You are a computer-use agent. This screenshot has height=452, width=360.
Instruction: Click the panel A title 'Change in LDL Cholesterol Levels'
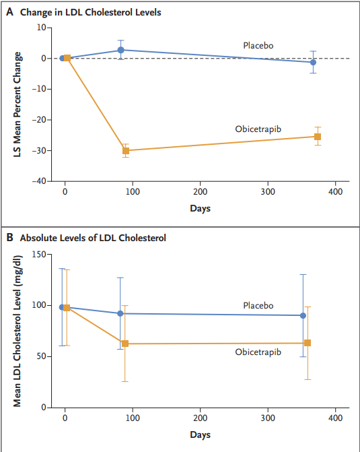pyautogui.click(x=90, y=12)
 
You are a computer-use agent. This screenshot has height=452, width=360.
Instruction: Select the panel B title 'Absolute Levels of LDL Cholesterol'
pyautogui.click(x=93, y=238)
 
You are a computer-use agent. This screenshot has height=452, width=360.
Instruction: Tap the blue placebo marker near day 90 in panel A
pyautogui.click(x=120, y=50)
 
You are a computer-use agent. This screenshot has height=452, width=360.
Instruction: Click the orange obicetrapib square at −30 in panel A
pyautogui.click(x=126, y=150)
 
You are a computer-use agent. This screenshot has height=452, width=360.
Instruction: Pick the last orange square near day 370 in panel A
pyautogui.click(x=318, y=137)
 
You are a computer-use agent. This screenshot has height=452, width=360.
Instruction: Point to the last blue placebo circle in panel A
pyautogui.click(x=313, y=62)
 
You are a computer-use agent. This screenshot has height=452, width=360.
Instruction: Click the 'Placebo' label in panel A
pyautogui.click(x=258, y=46)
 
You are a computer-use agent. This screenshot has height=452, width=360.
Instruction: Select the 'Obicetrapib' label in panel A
pyautogui.click(x=258, y=129)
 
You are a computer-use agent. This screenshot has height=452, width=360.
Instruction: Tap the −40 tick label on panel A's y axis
pyautogui.click(x=39, y=181)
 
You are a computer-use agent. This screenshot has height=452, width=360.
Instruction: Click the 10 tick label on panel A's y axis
pyautogui.click(x=41, y=28)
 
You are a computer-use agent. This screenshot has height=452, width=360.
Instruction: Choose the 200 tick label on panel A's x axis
pyautogui.click(x=200, y=192)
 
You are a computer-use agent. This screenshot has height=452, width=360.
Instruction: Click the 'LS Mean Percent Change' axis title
pyautogui.click(x=17, y=104)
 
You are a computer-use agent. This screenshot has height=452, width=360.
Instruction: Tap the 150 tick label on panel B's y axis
pyautogui.click(x=39, y=254)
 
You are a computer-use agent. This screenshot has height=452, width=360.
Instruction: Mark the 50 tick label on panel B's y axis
pyautogui.click(x=41, y=356)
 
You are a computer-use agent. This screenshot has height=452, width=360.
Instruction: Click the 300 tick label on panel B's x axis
pyautogui.click(x=268, y=418)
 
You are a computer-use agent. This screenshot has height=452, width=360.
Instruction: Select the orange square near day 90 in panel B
pyautogui.click(x=125, y=344)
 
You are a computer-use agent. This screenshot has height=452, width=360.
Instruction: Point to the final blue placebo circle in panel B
pyautogui.click(x=303, y=316)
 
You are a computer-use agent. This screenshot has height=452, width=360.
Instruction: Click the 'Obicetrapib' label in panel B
pyautogui.click(x=258, y=352)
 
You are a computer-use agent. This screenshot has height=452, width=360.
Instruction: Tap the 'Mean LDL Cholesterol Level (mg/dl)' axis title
pyautogui.click(x=17, y=331)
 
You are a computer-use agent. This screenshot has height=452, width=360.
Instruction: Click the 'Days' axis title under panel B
pyautogui.click(x=200, y=434)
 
